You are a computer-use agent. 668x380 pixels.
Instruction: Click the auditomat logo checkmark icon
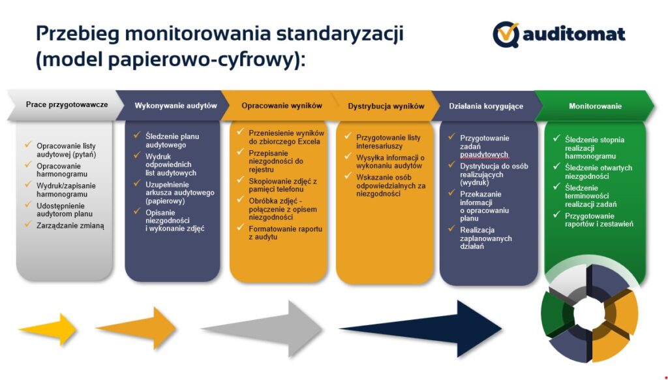coord(506,33)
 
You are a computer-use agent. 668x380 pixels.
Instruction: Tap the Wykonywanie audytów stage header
coord(175,106)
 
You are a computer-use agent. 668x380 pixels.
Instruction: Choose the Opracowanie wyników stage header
coord(282,106)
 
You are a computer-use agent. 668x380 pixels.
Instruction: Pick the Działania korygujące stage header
coord(486,106)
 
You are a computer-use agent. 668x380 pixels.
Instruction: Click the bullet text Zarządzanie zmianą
coord(70,225)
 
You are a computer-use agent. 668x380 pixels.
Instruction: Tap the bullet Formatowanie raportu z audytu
coord(285,233)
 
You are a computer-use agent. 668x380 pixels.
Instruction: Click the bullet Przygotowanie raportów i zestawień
coord(598,219)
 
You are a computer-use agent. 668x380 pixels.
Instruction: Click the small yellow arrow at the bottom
coord(48,329)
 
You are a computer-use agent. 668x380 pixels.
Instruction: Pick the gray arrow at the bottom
coord(261,328)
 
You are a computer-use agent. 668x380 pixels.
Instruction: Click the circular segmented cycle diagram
coord(590,313)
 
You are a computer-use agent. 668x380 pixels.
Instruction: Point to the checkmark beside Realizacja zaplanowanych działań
coord(451,229)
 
